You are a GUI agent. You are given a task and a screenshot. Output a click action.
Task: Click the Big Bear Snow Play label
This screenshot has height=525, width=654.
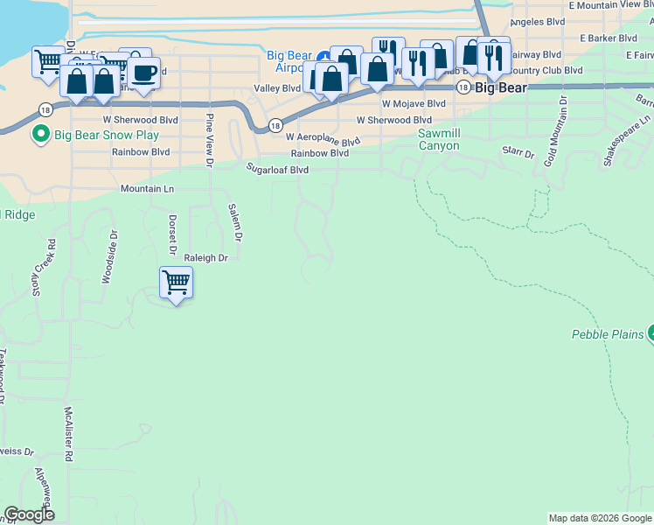pos(107,136)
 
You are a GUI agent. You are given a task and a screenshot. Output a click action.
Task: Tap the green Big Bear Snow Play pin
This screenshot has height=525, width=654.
pos(39,135)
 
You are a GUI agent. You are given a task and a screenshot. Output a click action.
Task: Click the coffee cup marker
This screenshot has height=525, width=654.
pos(145,72)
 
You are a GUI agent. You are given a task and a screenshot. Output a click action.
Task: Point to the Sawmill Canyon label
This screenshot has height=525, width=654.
pos(438,139)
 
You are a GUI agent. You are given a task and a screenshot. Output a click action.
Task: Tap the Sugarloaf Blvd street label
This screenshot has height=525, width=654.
pos(277,170)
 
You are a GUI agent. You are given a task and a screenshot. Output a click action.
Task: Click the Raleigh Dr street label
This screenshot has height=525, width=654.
pos(205,258)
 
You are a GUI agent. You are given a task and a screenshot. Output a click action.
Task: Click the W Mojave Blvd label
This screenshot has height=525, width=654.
pos(413,103)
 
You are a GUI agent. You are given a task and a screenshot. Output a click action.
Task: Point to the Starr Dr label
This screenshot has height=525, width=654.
pos(518,153)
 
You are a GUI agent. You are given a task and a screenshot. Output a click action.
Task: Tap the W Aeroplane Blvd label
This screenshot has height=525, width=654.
pos(323,139)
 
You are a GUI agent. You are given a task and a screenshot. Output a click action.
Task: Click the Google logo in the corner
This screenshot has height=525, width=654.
pos(29,514)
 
